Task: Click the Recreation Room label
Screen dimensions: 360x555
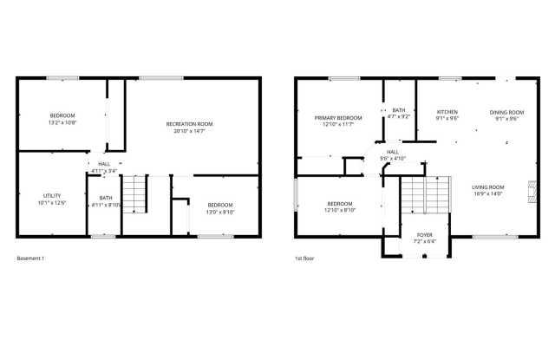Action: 189,124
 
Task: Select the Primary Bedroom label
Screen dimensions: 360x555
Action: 337,117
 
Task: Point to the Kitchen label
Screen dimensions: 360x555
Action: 447,112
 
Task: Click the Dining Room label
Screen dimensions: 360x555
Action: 506,112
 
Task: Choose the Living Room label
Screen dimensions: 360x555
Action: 487,187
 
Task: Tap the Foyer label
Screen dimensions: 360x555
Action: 424,235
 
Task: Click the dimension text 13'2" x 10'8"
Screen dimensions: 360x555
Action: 62,123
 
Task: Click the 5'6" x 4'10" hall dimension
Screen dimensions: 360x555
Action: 393,159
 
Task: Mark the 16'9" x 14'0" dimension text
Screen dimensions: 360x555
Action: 487,194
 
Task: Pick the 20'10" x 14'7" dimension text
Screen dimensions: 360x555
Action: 189,132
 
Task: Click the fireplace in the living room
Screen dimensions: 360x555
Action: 528,189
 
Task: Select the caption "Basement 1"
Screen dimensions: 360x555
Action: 30,259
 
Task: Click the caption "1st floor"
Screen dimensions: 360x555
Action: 304,259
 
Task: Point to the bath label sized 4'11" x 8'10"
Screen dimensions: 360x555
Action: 105,198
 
